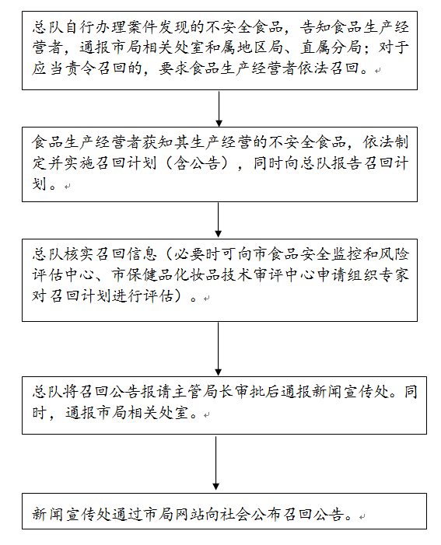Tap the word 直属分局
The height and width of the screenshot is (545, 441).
point(331,47)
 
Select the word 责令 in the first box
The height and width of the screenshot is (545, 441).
point(80,68)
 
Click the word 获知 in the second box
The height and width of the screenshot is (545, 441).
point(158,142)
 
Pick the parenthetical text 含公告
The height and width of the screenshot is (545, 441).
point(197,163)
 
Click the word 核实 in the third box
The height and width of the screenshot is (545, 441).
point(80,254)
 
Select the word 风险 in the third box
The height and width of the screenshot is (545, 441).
point(394,254)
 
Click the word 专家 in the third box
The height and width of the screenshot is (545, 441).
point(394,275)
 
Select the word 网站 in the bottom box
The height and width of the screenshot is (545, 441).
point(189,514)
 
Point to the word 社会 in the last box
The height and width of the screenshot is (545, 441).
point(236,514)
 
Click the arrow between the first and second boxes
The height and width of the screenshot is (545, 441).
point(219,109)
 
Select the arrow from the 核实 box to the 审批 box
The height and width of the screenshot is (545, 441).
point(218,348)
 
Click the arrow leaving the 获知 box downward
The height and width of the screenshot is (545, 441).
point(218,220)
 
